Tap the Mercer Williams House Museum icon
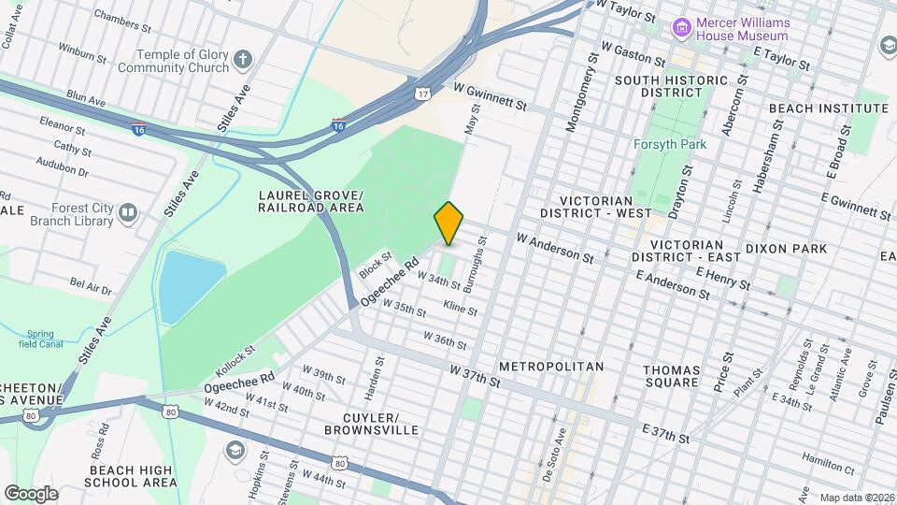coord(682,28)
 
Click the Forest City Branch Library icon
coord(127,215)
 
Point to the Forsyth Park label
coord(669,144)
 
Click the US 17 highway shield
coord(423,94)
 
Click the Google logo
coord(31,493)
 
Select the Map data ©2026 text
coord(856,498)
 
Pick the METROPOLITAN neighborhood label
coord(551,366)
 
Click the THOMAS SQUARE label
coord(671,376)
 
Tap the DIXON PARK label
coord(786,249)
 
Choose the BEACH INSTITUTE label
coord(829,108)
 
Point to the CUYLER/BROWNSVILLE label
coord(371,423)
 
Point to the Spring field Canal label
coord(40,339)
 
